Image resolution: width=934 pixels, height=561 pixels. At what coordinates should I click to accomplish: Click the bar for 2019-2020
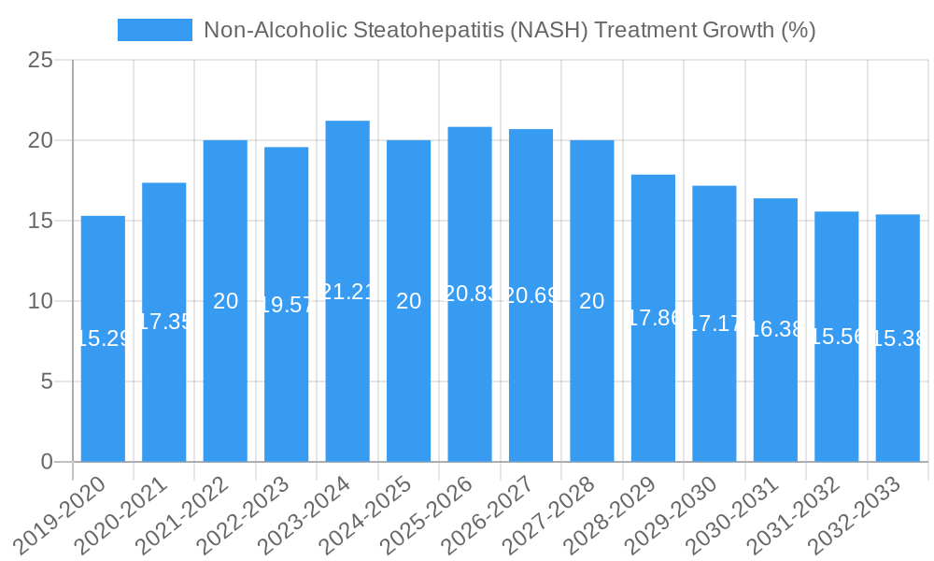coord(103,393)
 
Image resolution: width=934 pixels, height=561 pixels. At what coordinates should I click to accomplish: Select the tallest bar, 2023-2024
coord(347,374)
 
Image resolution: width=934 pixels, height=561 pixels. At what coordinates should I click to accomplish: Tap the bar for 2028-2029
coord(653,393)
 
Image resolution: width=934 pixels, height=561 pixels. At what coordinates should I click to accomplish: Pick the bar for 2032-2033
coord(898,402)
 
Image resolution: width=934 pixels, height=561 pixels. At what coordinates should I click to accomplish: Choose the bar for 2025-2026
coord(470,374)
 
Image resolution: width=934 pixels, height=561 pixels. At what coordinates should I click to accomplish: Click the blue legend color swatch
coord(154,30)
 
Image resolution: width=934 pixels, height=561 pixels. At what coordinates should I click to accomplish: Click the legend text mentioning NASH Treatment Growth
coord(509,30)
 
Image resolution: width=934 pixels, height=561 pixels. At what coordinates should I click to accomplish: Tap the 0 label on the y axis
coord(47,462)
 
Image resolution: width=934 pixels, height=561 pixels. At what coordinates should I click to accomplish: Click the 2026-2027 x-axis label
coord(495,513)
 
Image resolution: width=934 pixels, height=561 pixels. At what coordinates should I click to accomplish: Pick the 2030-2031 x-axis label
coord(740,513)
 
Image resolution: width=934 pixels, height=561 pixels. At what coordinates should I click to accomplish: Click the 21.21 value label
coord(347,292)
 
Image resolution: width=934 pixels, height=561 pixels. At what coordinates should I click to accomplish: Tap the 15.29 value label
coord(103,338)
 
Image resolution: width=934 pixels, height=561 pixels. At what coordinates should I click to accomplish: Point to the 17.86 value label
coord(653,318)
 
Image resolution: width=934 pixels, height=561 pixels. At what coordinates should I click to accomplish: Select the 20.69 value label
coord(531,295)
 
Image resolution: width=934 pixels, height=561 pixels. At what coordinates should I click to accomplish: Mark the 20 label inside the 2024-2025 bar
coord(408,301)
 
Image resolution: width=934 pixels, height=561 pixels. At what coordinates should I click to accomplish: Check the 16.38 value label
coord(775,329)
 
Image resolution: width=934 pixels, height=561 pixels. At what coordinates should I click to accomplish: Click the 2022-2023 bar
coord(286,393)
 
